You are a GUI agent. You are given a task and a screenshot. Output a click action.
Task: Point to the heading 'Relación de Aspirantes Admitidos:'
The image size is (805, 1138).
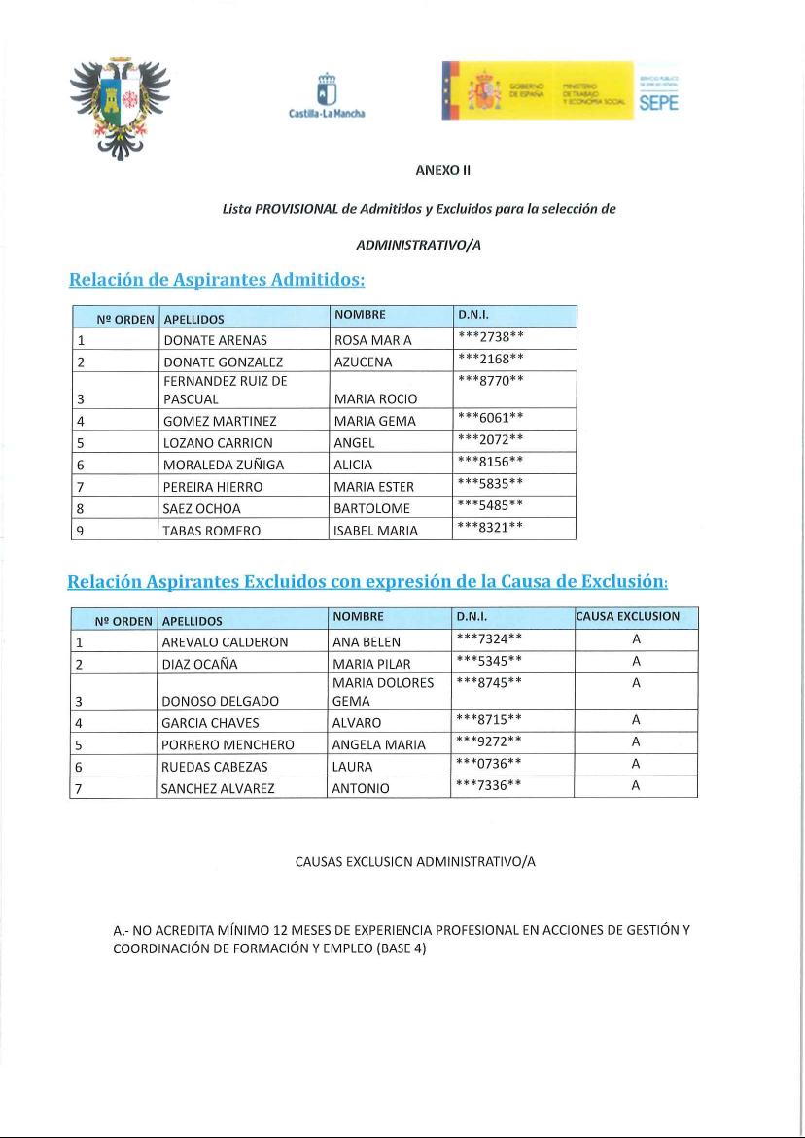click(x=217, y=280)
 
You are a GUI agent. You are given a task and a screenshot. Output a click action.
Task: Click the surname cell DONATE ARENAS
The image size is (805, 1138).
click(x=215, y=341)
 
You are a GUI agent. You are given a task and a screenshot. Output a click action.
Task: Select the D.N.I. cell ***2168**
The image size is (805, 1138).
click(x=491, y=361)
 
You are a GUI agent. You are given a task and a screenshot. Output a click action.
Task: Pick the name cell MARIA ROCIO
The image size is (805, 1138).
click(x=375, y=399)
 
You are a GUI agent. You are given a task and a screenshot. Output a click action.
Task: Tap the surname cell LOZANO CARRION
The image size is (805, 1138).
click(x=218, y=443)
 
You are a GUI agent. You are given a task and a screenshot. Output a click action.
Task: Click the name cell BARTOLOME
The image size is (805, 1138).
click(x=372, y=507)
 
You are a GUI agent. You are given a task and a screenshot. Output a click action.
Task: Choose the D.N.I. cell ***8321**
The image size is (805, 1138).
click(x=491, y=529)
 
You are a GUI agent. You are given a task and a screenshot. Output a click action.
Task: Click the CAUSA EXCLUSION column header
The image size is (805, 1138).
click(x=635, y=617)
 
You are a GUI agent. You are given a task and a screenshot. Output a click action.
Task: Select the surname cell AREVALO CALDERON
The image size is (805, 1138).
click(x=225, y=642)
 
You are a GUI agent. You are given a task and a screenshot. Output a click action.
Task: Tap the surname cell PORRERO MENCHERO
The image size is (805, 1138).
click(x=227, y=744)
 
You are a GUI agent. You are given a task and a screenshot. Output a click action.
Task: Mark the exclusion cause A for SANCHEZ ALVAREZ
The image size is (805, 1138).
click(x=636, y=786)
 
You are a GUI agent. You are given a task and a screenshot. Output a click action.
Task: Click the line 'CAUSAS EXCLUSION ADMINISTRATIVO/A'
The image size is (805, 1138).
click(x=416, y=862)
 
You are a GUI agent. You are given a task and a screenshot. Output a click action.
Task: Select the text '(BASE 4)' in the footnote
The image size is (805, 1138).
click(x=401, y=948)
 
